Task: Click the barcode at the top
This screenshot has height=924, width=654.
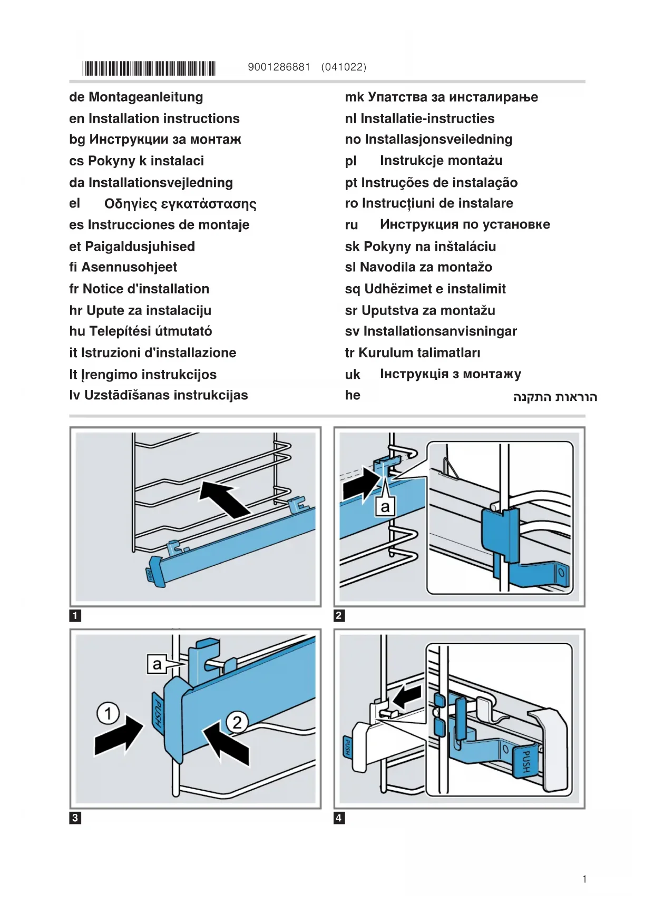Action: coord(149,68)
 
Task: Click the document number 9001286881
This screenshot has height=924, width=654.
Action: coord(279,67)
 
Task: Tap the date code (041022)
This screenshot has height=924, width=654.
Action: coord(344,67)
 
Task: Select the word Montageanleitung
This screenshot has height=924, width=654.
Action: coord(145,97)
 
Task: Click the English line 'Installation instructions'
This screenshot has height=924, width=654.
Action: coord(164,119)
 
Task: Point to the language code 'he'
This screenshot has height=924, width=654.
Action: coord(353,395)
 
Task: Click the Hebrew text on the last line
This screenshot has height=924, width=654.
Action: coord(555,397)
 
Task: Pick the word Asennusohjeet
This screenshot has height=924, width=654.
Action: coord(129,267)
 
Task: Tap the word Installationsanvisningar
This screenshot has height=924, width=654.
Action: coord(440,331)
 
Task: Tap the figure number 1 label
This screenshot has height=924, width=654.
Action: coord(75,615)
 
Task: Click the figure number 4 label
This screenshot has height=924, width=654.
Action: coord(339,818)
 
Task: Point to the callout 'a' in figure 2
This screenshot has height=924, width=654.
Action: coord(385,507)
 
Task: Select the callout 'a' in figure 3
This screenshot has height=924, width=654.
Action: coord(157,664)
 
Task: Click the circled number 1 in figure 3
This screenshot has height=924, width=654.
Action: coord(108,714)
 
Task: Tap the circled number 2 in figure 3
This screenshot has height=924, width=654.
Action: coord(237,722)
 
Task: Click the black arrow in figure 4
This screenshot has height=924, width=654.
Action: coord(407,696)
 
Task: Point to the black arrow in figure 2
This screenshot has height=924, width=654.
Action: coord(361,484)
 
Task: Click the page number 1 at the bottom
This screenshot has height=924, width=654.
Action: coord(584,879)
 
